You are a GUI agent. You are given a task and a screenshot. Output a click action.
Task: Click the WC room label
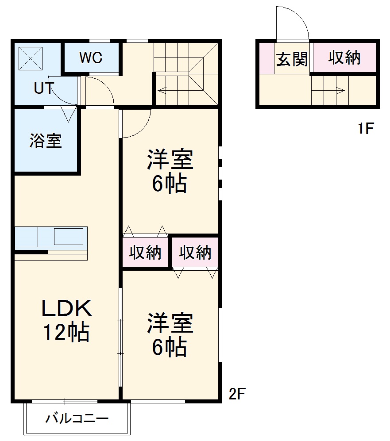[91, 58]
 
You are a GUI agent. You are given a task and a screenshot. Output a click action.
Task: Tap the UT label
[44, 88]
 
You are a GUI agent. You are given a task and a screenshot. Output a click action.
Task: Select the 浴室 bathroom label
[46, 141]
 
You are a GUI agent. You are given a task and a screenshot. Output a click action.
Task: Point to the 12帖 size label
[66, 333]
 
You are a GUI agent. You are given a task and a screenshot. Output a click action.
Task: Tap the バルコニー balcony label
[77, 418]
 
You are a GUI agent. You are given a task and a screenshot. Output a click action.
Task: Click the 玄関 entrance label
[292, 59]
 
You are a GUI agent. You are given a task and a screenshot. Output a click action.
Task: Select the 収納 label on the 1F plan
[344, 58]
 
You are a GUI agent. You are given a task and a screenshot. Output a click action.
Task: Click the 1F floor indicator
[366, 129]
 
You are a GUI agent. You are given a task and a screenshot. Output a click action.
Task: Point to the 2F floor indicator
[237, 393]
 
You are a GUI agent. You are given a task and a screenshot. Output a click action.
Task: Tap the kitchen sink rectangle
[69, 237]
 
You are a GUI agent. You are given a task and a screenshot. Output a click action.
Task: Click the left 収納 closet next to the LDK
[145, 253]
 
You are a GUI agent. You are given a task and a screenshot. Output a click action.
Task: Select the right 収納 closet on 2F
[195, 253]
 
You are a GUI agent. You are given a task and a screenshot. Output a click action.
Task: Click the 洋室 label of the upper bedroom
[170, 161]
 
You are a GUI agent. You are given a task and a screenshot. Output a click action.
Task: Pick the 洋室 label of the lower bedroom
[170, 323]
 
